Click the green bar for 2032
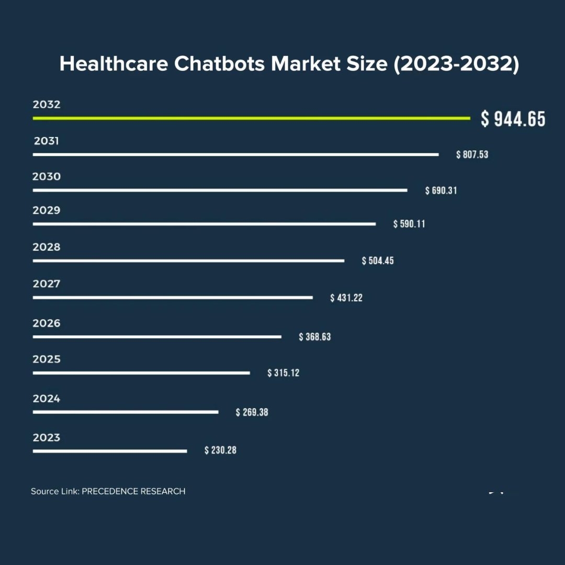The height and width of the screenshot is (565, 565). point(251,118)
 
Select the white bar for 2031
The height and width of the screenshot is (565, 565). point(235,154)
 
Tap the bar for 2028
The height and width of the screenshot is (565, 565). point(188,261)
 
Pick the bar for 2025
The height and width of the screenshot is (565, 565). point(141,373)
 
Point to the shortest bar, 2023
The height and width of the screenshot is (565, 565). point(110,450)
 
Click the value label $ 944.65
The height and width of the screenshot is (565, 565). point(513,119)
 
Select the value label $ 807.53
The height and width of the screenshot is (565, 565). point(472,155)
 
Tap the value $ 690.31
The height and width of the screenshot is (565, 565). point(441,190)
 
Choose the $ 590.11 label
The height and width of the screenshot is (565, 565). point(409,224)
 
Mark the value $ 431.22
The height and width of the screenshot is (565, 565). point(346,298)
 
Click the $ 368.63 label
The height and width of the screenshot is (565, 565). point(315,337)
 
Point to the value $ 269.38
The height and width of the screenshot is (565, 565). point(252,412)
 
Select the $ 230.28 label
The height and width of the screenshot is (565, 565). point(220,450)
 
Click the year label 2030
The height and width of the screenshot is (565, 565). point(47,177)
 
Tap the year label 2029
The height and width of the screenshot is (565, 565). point(47,210)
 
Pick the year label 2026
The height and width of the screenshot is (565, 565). point(47,323)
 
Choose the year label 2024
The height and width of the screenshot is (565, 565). point(47,399)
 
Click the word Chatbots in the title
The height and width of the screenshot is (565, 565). point(220,64)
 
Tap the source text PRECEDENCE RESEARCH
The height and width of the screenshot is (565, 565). point(133,491)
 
